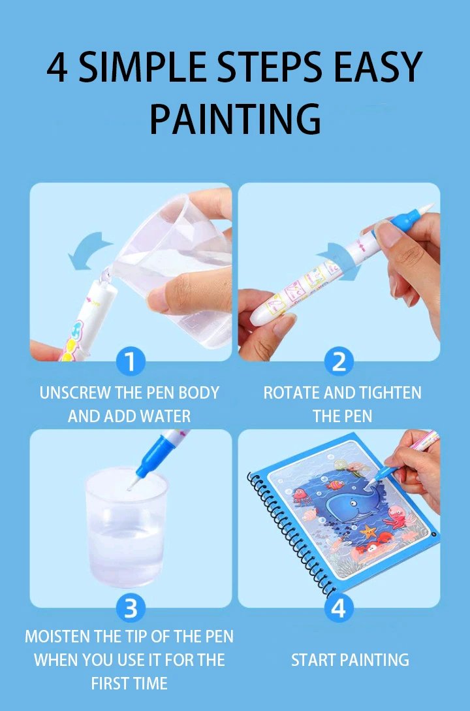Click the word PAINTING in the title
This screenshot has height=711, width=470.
235,118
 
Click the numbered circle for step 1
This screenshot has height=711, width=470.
131,361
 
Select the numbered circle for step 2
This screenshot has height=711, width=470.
339,361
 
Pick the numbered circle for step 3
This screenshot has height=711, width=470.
131,608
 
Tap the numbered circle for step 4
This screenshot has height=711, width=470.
338,608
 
